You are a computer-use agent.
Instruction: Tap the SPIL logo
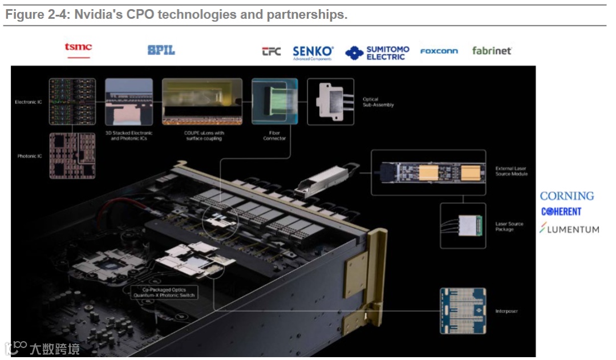[161, 51]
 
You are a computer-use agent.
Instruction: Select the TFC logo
[271, 51]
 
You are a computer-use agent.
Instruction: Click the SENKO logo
[313, 52]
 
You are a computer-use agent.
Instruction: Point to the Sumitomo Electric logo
[377, 52]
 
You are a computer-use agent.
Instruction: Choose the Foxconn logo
[439, 51]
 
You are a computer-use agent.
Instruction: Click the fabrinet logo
[492, 51]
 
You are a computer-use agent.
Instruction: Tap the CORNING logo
[566, 196]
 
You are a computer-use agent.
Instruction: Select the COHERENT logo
[561, 212]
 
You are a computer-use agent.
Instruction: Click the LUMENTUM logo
[569, 229]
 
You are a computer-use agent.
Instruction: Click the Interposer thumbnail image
[463, 311]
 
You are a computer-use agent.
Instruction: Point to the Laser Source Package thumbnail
[463, 226]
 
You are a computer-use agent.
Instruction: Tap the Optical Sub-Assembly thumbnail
[330, 102]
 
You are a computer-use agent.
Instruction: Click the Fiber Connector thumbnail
[274, 102]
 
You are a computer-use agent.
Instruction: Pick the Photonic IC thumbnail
[72, 156]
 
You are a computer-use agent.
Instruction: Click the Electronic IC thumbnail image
[72, 102]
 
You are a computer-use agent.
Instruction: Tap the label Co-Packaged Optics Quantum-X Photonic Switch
[164, 292]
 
